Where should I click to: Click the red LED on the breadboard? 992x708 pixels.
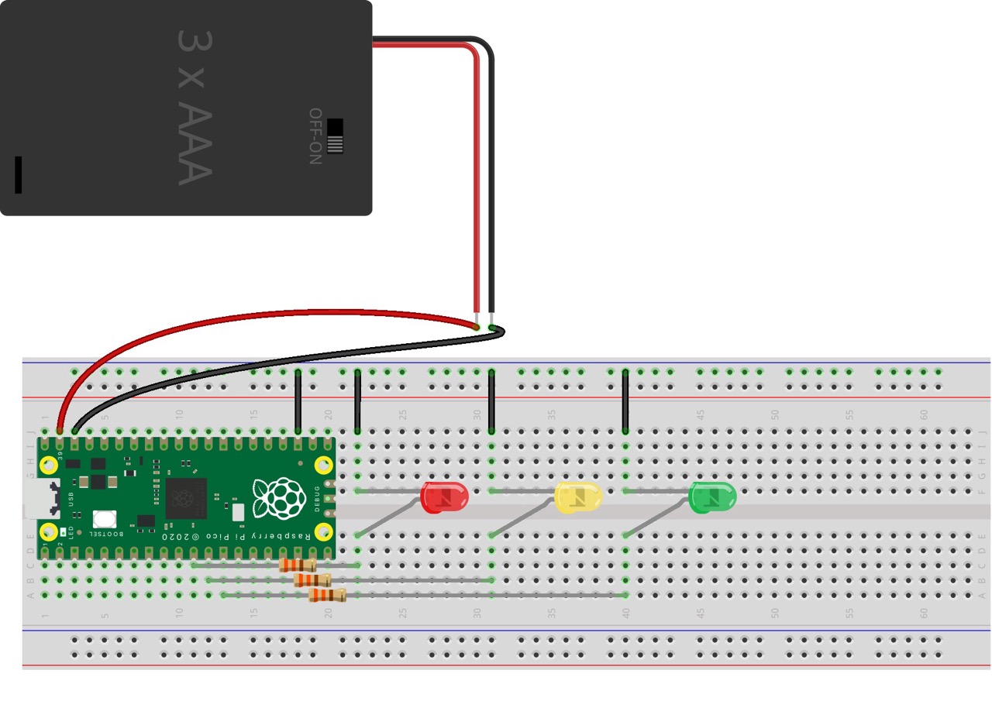click(444, 497)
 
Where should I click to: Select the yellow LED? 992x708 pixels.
click(578, 497)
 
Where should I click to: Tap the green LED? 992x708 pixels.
click(712, 497)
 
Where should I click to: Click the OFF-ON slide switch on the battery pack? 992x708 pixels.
click(335, 136)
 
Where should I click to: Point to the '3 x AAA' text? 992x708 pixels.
click(194, 108)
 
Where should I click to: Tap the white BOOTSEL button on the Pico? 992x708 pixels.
click(105, 519)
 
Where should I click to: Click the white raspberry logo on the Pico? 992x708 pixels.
click(278, 498)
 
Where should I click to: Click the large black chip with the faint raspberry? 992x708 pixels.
click(186, 497)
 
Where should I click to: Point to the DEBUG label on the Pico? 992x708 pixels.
click(317, 498)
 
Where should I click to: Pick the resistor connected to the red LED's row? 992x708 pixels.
click(298, 565)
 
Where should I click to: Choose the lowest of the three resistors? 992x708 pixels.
click(327, 595)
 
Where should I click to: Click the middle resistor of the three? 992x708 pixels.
click(312, 580)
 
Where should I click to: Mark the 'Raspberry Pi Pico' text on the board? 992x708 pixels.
click(263, 536)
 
